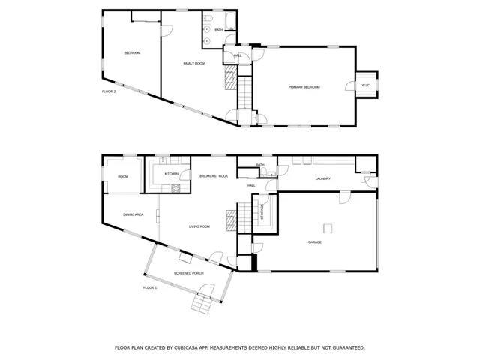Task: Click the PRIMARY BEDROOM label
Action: [304, 88]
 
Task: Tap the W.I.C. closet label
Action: [365, 85]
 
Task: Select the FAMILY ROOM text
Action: [194, 64]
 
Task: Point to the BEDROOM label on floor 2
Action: [132, 53]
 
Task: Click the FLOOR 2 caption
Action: [109, 91]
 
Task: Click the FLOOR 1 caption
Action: [150, 288]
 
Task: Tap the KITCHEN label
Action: [172, 174]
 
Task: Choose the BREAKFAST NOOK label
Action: [214, 176]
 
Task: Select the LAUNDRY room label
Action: [323, 178]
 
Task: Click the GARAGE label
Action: [316, 242]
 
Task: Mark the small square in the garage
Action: [327, 228]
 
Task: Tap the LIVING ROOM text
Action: [199, 226]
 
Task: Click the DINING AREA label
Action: [133, 215]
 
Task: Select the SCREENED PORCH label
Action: [189, 273]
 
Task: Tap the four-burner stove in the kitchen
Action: [175, 187]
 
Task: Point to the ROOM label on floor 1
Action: [123, 177]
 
